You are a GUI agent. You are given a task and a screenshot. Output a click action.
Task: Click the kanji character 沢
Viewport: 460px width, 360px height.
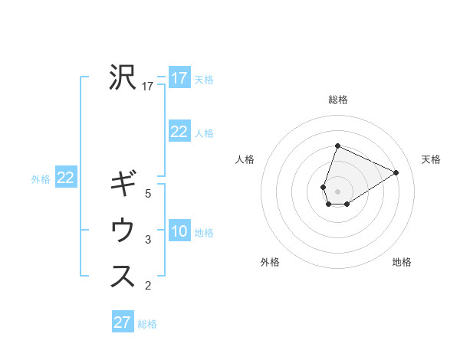tap(123, 77)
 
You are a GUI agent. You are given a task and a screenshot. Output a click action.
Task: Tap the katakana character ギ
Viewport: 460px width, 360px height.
tap(123, 184)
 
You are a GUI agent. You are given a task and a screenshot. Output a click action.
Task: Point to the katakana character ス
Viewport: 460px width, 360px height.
tap(123, 277)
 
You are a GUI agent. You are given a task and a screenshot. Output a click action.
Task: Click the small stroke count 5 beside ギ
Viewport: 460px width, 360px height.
tap(148, 194)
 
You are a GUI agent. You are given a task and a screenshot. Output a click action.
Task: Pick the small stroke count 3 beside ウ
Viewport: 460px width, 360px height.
tap(148, 241)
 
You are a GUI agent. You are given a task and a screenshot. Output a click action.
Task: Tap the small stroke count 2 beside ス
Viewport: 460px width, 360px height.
tap(148, 286)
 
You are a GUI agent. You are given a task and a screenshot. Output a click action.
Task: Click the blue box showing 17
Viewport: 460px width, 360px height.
tap(179, 78)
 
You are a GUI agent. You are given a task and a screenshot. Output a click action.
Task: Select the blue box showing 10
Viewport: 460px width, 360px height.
tap(179, 231)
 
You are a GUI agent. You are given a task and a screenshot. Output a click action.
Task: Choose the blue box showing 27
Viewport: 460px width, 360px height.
tap(123, 322)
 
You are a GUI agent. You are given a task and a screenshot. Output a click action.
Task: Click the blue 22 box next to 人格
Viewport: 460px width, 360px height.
tap(179, 132)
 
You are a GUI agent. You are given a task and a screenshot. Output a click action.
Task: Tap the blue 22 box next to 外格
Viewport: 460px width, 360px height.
tap(66, 178)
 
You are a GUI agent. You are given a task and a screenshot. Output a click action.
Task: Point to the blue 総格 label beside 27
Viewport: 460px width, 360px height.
tap(147, 324)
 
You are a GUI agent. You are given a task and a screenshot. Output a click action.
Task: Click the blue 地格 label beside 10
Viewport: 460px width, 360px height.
tap(204, 233)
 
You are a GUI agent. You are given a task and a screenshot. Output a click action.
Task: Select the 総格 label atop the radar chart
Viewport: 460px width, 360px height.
tap(338, 100)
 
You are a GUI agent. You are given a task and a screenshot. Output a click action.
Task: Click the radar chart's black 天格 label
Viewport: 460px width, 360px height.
tap(431, 159)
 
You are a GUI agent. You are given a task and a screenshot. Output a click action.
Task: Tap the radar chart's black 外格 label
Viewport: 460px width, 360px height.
tap(270, 263)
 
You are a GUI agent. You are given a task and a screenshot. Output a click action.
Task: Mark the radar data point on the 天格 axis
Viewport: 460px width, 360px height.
tap(396, 172)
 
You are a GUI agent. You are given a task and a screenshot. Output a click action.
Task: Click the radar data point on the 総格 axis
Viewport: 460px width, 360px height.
tap(337, 146)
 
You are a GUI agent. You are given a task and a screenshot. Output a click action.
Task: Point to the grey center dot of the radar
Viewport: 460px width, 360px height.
tap(337, 191)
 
